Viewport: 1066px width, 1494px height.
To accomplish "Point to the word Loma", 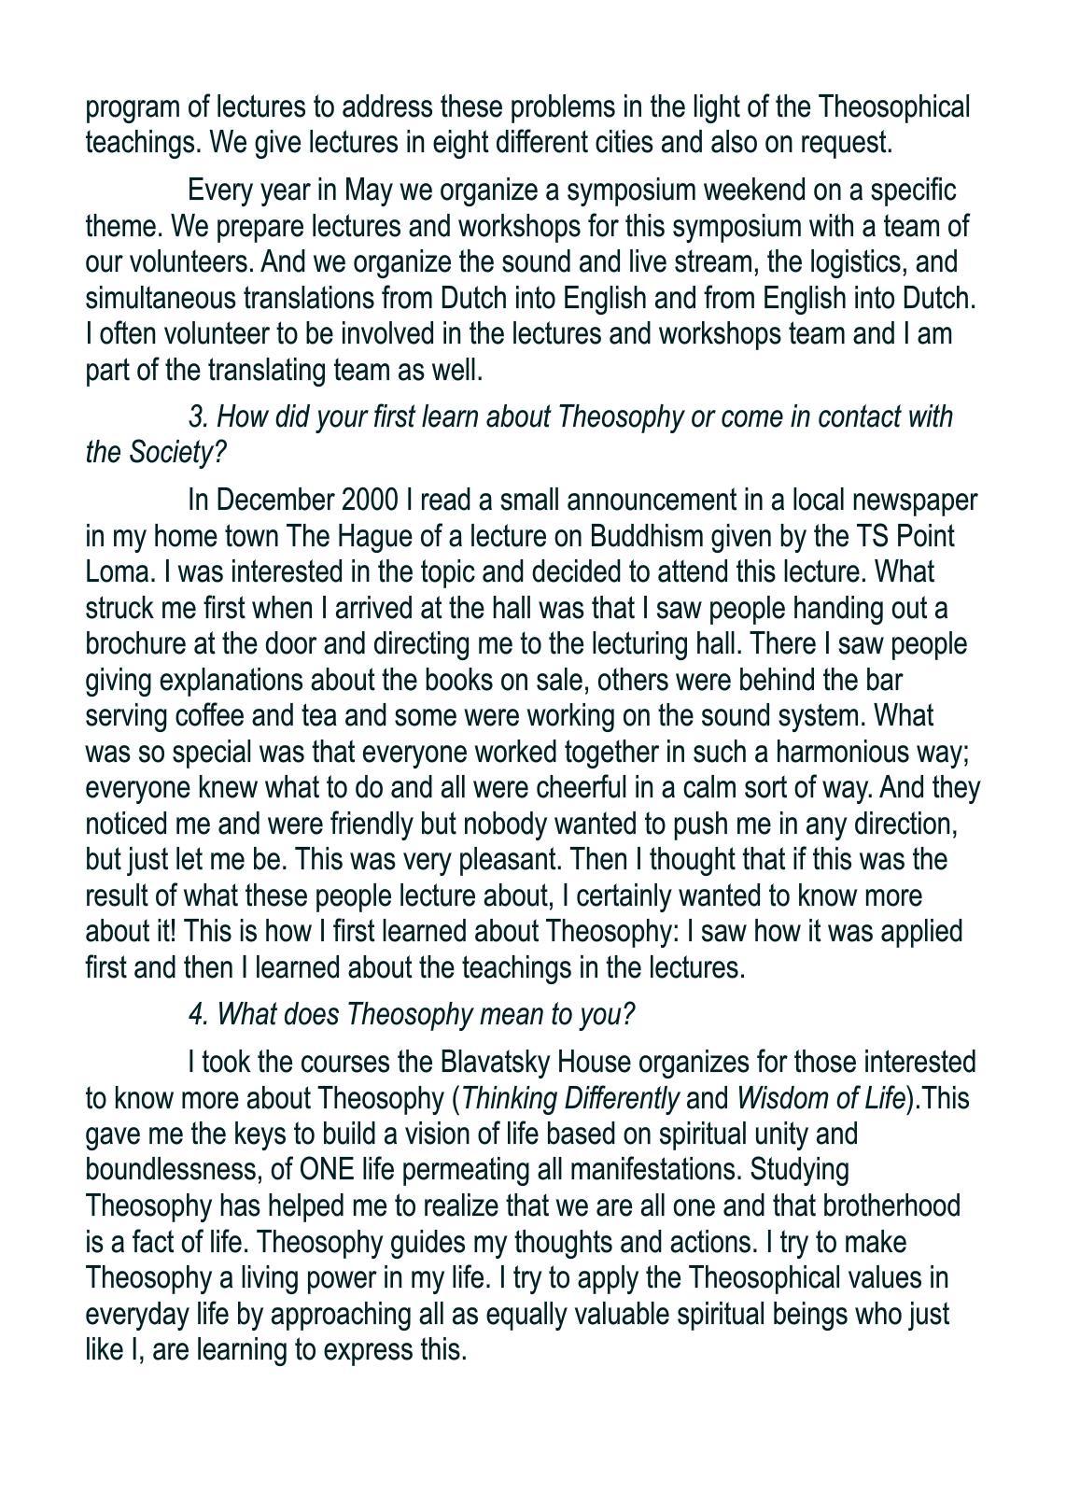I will click(x=112, y=572).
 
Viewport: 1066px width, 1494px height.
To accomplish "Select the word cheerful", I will click(x=579, y=788).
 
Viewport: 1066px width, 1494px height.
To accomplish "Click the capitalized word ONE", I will click(x=321, y=1170).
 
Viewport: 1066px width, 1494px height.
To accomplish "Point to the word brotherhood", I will click(x=891, y=1206).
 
